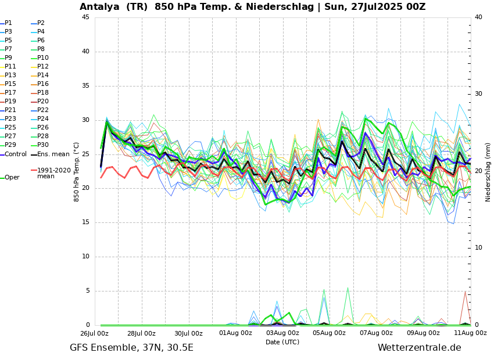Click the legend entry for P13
(10, 75)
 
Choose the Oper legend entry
(12, 178)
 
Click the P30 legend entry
(43, 145)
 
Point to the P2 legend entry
(41, 23)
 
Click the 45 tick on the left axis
(85, 17)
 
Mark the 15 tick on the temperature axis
(85, 222)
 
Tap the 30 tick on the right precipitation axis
(478, 94)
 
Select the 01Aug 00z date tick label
(235, 333)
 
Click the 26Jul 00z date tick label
(94, 333)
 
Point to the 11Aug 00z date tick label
(470, 333)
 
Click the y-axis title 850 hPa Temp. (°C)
(77, 171)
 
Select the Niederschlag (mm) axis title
(488, 171)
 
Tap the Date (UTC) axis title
(282, 343)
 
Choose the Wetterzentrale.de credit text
(419, 348)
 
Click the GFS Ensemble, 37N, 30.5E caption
(131, 348)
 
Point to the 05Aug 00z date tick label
(329, 333)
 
